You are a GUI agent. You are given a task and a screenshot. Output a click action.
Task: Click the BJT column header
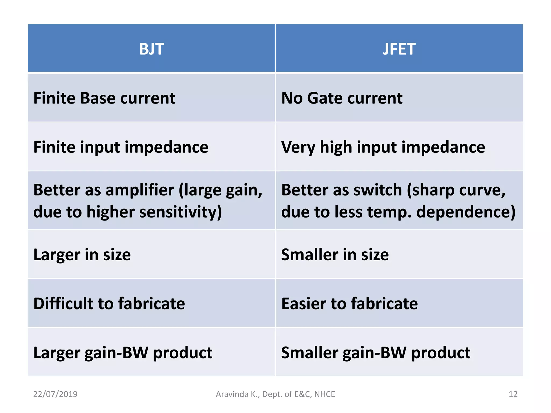pyautogui.click(x=151, y=49)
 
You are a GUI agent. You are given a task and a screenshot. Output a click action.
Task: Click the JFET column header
pyautogui.click(x=399, y=49)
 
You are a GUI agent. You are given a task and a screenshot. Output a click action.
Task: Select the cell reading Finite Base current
pyautogui.click(x=104, y=98)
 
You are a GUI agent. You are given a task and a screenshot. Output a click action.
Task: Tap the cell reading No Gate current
pyautogui.click(x=342, y=98)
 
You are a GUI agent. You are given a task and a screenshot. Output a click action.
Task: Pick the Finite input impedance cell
pyautogui.click(x=121, y=147)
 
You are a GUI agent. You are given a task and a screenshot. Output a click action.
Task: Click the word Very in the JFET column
pyautogui.click(x=298, y=147)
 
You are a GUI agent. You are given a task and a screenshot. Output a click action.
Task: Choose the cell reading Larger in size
pyautogui.click(x=82, y=254)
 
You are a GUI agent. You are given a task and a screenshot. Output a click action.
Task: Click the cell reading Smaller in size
pyautogui.click(x=335, y=254)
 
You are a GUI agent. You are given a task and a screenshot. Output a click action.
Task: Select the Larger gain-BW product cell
pyautogui.click(x=123, y=353)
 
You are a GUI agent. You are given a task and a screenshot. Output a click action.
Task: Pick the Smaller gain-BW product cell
pyautogui.click(x=376, y=353)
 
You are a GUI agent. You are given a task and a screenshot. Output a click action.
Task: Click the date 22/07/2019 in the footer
pyautogui.click(x=55, y=394)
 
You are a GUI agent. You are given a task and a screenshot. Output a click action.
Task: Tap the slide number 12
pyautogui.click(x=513, y=394)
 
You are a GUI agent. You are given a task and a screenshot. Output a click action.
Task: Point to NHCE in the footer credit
pyautogui.click(x=324, y=394)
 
